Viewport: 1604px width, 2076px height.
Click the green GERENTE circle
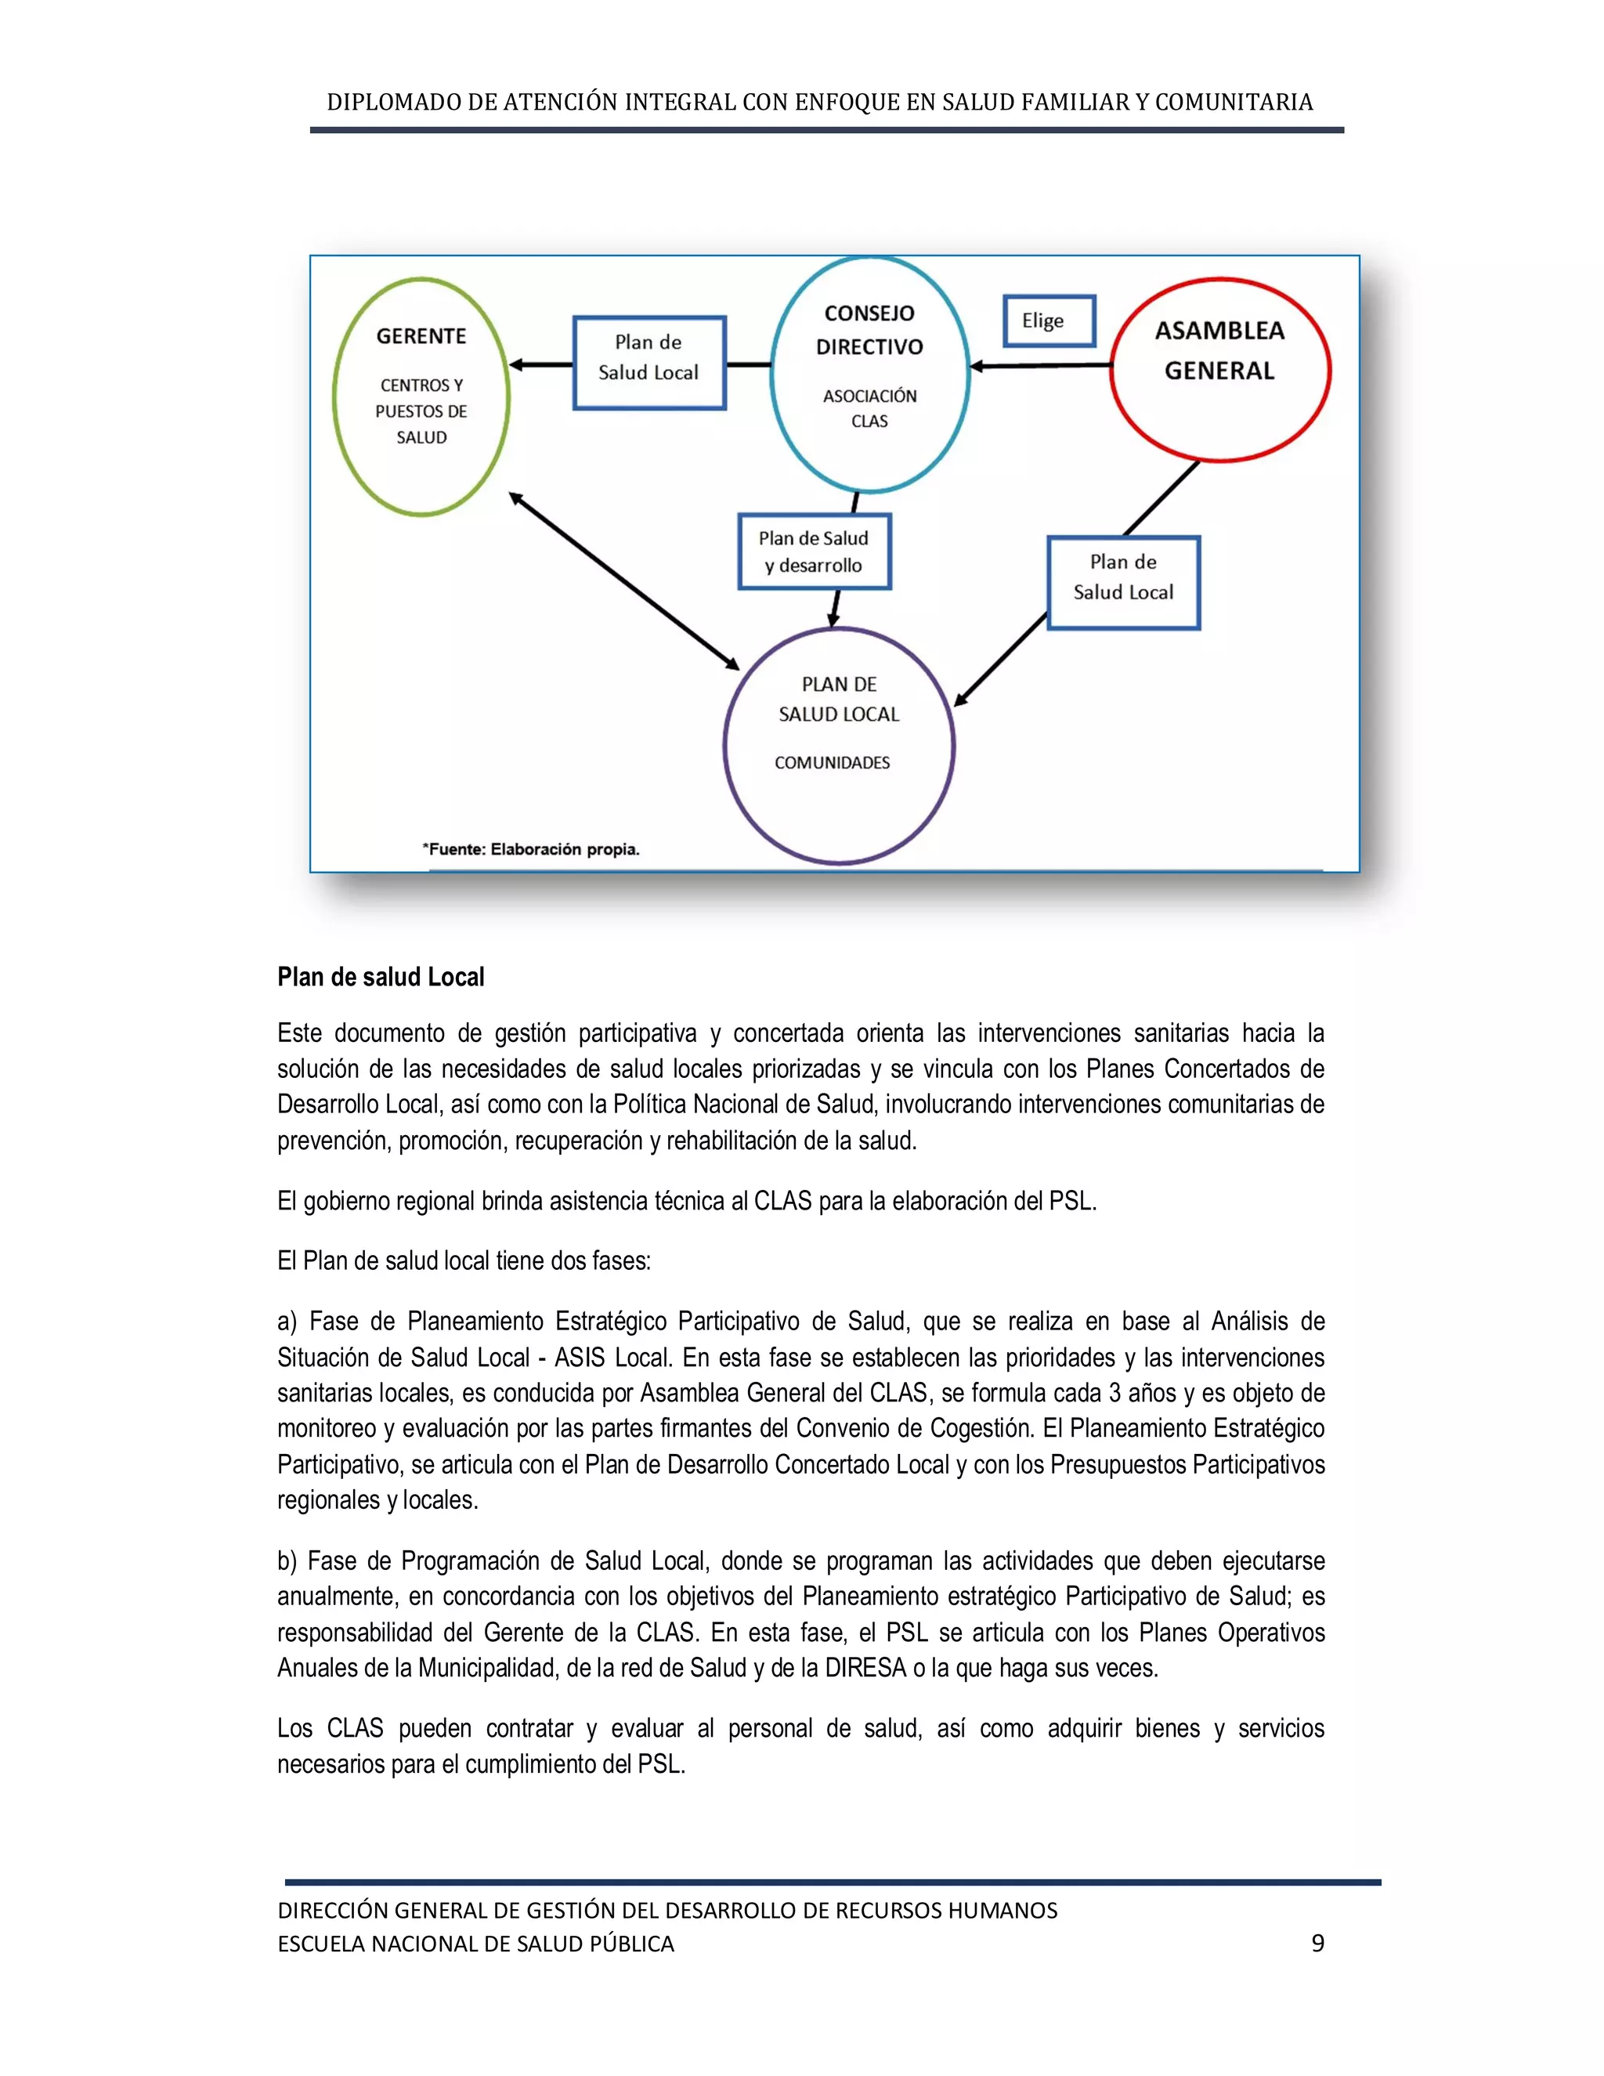click(x=421, y=396)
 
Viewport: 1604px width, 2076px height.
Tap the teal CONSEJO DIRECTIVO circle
click(x=869, y=374)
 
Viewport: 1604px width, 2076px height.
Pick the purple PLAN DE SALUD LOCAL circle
click(x=839, y=745)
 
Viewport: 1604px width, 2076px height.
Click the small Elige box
click(x=1049, y=321)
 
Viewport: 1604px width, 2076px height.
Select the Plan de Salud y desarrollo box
click(x=815, y=552)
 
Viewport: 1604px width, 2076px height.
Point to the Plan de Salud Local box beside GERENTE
click(x=649, y=362)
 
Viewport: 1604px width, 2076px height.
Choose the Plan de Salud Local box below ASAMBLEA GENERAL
click(x=1123, y=583)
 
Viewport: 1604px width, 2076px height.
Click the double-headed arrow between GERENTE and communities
click(x=624, y=580)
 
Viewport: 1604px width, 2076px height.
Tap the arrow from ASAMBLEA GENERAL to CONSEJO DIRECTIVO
click(x=1041, y=366)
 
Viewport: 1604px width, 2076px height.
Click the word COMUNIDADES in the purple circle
click(x=833, y=763)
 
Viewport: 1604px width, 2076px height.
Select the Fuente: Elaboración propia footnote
click(x=531, y=850)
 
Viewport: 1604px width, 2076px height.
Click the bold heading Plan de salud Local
click(x=381, y=977)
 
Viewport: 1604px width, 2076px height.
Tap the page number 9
click(x=1317, y=1943)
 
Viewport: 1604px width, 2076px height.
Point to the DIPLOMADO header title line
click(x=819, y=102)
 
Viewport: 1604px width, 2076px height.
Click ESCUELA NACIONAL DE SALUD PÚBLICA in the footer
click(x=476, y=1944)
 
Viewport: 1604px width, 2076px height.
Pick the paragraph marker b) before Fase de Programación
click(x=287, y=1561)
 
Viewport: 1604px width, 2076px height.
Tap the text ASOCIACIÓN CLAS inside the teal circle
click(x=869, y=408)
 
